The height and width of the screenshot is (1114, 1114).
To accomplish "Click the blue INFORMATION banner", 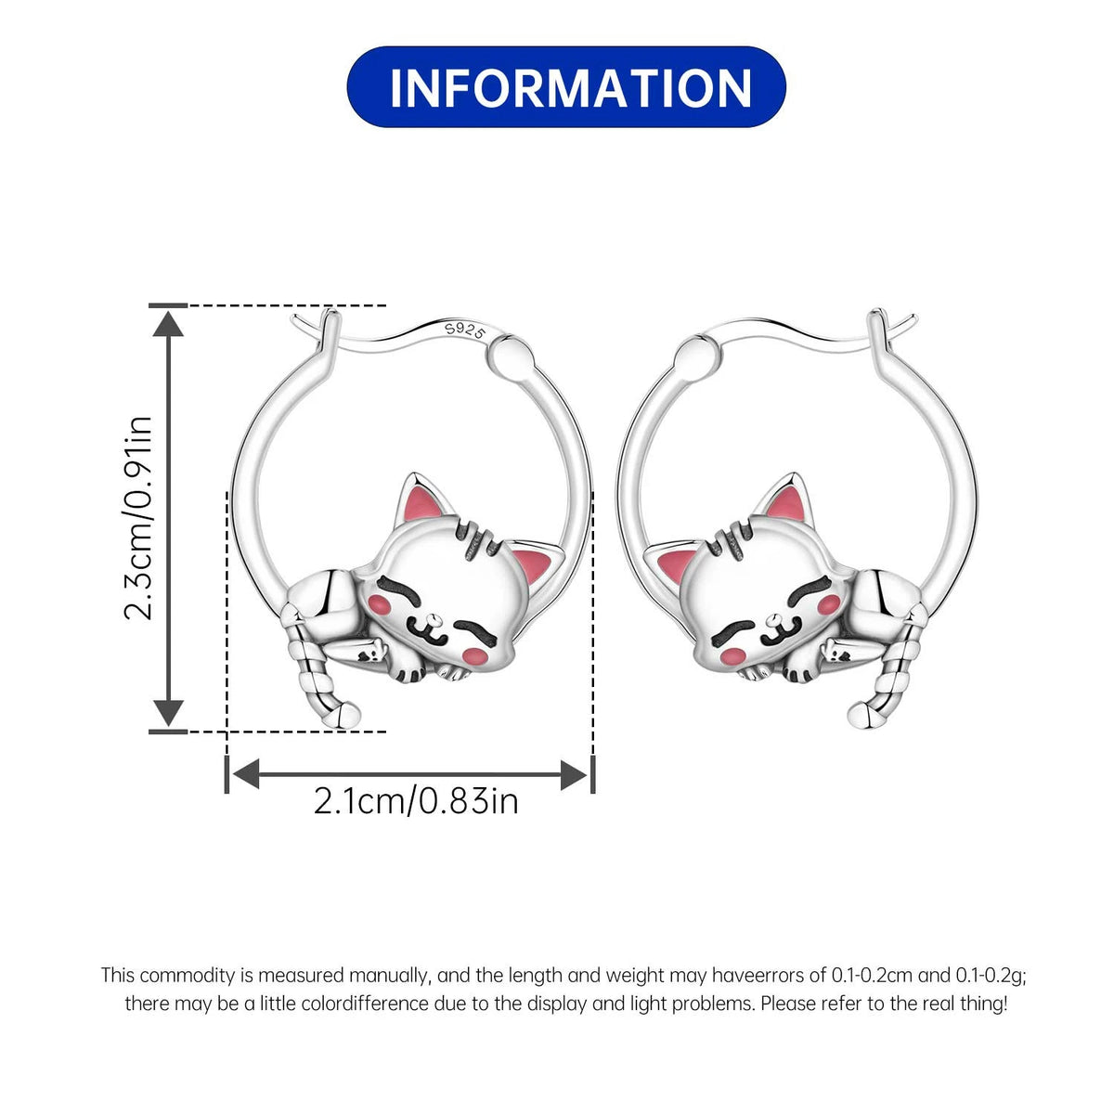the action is tap(566, 87).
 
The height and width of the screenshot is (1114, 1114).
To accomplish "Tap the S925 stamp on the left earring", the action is tap(464, 331).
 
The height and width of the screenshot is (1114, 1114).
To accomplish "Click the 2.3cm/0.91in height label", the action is tap(138, 518).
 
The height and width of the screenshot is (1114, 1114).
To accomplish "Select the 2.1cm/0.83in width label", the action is tap(416, 801).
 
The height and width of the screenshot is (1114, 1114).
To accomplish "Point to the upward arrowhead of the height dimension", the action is tap(168, 323).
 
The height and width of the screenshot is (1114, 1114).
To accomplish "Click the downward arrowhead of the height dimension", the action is tap(168, 713).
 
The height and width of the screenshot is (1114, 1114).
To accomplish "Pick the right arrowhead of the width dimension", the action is tap(574, 774).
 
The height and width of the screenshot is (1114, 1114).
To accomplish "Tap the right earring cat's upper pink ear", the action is tap(786, 505).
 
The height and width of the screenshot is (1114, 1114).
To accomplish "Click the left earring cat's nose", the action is tap(434, 621).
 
